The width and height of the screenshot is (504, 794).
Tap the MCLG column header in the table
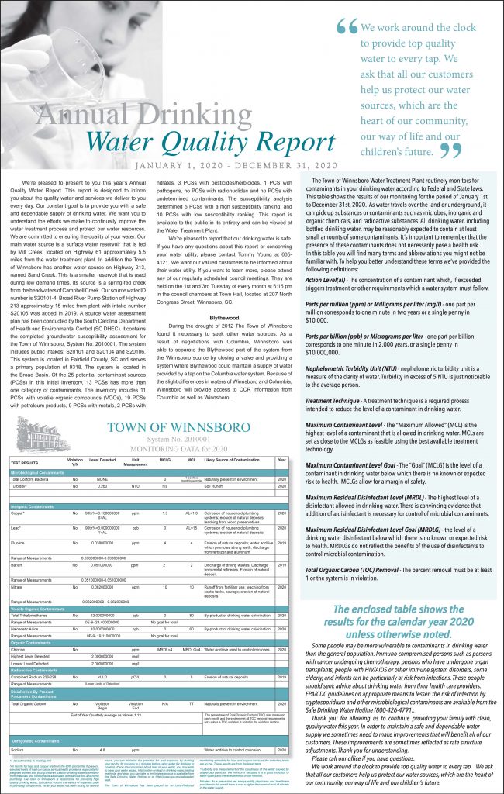click(165, 461)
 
